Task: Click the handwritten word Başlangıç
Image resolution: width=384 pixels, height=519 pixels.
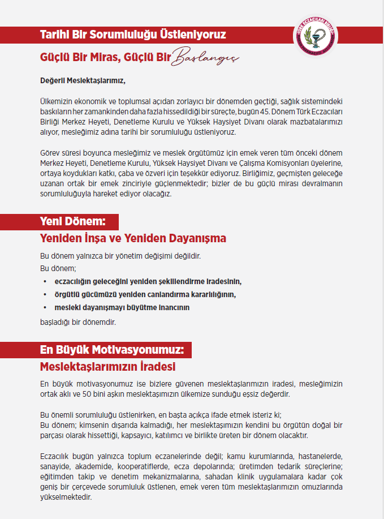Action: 205,57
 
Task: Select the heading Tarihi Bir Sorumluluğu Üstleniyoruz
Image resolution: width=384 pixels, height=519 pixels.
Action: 133,35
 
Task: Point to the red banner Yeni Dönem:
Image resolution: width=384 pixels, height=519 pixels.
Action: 72,221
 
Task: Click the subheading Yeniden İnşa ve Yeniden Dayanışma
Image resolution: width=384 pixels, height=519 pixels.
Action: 133,238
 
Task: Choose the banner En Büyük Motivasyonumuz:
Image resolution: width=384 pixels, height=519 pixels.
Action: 112,349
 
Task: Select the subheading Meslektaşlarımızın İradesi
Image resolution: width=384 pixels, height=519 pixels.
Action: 108,366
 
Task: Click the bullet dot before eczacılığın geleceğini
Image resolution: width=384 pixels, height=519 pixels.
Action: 45,281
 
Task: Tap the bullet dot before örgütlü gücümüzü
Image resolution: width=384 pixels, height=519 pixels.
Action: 45,294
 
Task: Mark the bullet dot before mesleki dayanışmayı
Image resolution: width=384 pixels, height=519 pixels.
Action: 45,307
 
